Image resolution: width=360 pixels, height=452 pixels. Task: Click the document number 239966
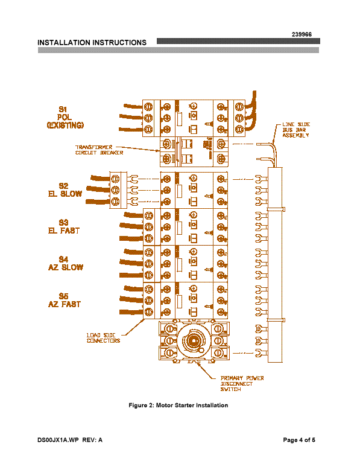pos(302,34)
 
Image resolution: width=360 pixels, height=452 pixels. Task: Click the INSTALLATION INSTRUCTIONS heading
pos(92,43)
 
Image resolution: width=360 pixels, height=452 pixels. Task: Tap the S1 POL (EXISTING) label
pos(65,117)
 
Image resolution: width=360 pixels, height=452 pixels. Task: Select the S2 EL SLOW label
pos(65,190)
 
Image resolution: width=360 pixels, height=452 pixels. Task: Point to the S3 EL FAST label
pos(64,226)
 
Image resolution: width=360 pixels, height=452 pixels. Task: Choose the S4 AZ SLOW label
pos(66,264)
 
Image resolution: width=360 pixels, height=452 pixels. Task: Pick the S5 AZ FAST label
pos(65,301)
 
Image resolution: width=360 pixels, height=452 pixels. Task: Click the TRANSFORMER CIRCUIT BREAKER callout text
pos(99,150)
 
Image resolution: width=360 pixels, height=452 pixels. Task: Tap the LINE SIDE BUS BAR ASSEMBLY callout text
pos(296,130)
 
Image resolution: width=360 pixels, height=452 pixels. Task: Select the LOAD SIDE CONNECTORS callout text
pos(103,338)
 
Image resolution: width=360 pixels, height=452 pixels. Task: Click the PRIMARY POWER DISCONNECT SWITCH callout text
pos(242,383)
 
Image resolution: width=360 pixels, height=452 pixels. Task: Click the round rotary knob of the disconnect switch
pos(193,341)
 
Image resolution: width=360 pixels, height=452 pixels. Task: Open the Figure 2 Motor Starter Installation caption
pos(178,406)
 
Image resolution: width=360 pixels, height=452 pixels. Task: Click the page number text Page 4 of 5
pos(299,440)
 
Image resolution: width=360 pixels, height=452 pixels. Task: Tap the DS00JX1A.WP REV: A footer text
pos(70,440)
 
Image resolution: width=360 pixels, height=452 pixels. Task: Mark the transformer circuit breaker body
pos(194,151)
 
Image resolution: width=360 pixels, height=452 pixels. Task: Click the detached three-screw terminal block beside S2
pos(118,190)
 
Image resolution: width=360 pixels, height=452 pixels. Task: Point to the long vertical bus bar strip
pos(275,265)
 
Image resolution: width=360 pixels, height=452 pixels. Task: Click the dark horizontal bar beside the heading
pos(238,41)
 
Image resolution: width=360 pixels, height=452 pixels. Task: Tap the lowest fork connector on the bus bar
pos(261,352)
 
